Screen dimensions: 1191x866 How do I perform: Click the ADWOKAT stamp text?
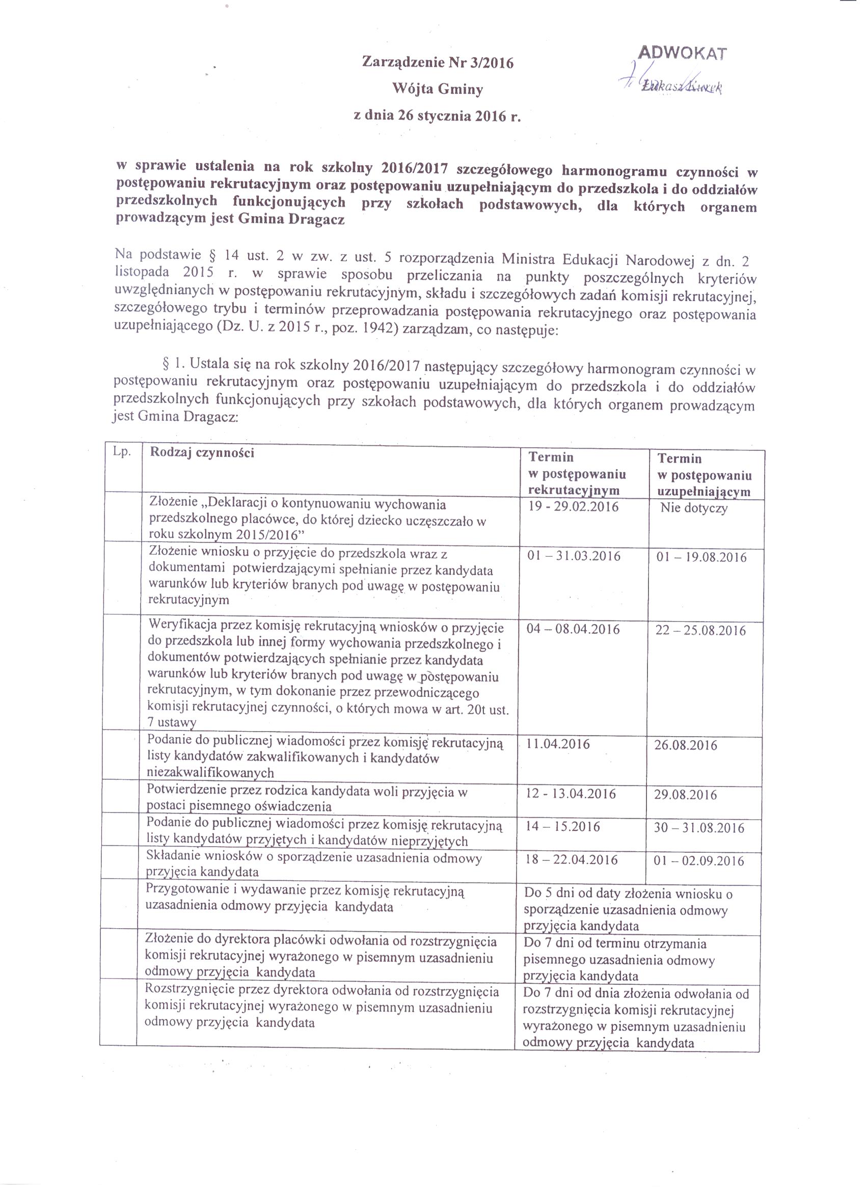click(x=682, y=53)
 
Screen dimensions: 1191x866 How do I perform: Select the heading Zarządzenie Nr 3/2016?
click(x=438, y=63)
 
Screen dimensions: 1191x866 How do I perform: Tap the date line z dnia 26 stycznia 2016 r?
click(x=438, y=116)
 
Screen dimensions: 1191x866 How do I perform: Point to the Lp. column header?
click(x=122, y=452)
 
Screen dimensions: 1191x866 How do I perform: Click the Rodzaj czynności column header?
click(x=202, y=453)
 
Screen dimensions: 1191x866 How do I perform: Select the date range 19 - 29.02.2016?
click(x=573, y=507)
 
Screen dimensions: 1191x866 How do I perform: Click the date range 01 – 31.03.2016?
click(x=574, y=556)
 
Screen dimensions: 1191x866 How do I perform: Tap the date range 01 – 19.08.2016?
click(x=701, y=557)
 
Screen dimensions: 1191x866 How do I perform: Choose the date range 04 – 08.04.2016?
click(x=573, y=629)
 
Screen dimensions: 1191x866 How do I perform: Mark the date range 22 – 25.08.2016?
click(x=700, y=631)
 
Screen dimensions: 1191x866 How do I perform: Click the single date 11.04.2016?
click(x=558, y=744)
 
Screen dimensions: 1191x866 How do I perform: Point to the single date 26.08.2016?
click(x=685, y=746)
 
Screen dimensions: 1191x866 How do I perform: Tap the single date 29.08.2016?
click(x=685, y=795)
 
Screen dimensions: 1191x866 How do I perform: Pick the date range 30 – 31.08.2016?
click(x=699, y=828)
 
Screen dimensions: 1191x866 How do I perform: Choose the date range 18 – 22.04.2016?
click(x=572, y=860)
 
